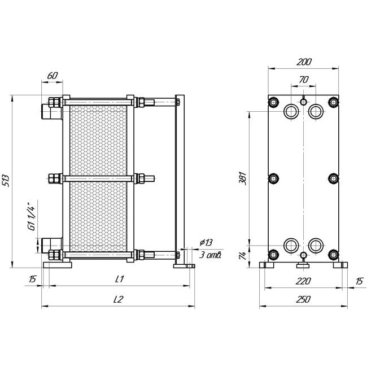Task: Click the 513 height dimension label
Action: click(6, 181)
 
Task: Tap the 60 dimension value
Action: click(53, 76)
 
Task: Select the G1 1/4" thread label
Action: click(32, 215)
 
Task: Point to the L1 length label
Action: click(119, 279)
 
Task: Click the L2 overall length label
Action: click(118, 299)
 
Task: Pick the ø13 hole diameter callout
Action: click(206, 242)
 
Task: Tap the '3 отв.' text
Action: click(210, 255)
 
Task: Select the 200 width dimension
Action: click(304, 62)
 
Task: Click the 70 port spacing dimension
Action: click(304, 80)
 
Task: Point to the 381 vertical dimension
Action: click(243, 178)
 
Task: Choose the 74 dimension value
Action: click(243, 256)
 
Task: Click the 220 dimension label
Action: click(303, 281)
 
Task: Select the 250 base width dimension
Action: click(303, 299)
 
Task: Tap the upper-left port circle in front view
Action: click(291, 111)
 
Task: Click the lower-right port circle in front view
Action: click(316, 246)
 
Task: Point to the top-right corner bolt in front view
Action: click(334, 102)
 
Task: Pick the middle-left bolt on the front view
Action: click(273, 178)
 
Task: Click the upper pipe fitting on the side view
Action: click(52, 111)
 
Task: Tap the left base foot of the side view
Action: click(58, 265)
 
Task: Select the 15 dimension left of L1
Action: click(33, 279)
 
